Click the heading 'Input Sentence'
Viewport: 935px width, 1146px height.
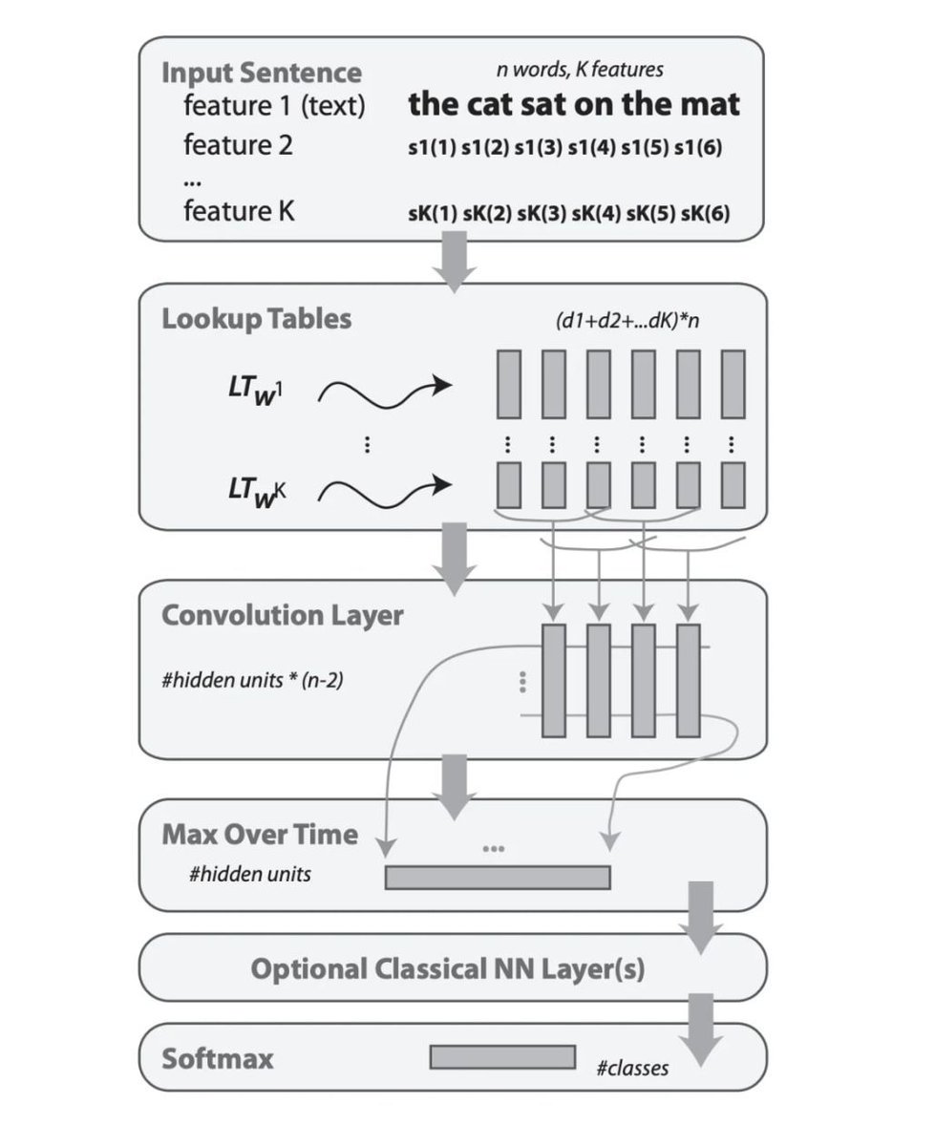click(261, 74)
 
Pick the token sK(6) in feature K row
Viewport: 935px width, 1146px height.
click(705, 213)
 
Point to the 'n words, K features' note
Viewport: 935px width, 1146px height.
click(579, 69)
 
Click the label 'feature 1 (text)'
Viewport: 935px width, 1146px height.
click(274, 106)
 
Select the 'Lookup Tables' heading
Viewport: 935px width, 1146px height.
click(256, 318)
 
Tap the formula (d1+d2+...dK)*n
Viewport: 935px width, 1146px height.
click(627, 321)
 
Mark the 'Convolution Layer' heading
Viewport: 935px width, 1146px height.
click(282, 615)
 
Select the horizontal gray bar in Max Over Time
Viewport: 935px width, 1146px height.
click(497, 877)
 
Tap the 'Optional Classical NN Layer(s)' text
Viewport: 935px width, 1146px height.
click(447, 970)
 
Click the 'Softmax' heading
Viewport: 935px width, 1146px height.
click(217, 1058)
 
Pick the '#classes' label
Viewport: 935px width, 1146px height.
click(631, 1068)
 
